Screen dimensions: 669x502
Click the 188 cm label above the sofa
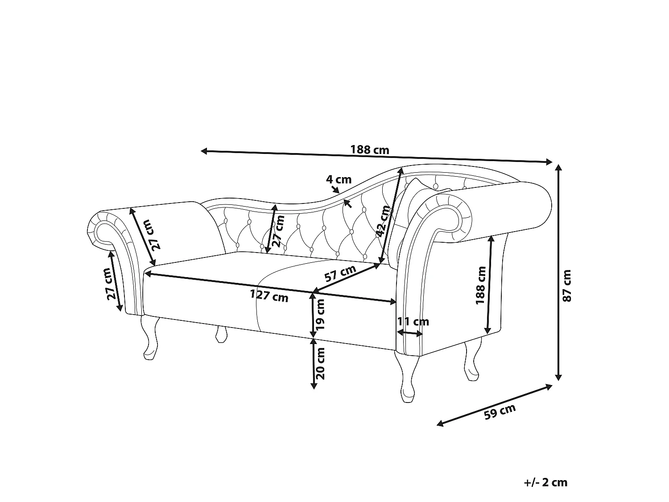coord(370,150)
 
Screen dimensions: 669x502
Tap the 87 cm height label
coord(567,286)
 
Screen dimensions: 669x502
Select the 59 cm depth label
coord(500,412)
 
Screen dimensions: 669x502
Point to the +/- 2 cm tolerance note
coord(545,482)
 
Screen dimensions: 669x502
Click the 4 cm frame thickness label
coord(339,179)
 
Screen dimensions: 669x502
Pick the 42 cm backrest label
coord(383,221)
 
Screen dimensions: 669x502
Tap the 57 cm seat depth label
coord(340,273)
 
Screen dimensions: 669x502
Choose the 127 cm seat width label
coord(269,295)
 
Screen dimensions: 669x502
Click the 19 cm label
coord(320,314)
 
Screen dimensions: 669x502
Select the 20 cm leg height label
coord(320,364)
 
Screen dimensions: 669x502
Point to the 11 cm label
coord(413,322)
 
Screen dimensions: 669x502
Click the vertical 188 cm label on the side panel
coord(481,285)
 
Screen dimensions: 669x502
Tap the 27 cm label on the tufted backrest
coord(278,231)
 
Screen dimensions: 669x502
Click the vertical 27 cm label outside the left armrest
coord(112,284)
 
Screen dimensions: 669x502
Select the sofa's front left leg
coord(150,338)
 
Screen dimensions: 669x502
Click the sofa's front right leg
coord(407,377)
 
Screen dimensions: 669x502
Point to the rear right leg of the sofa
coord(471,361)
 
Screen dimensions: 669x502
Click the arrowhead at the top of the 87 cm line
coord(558,167)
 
